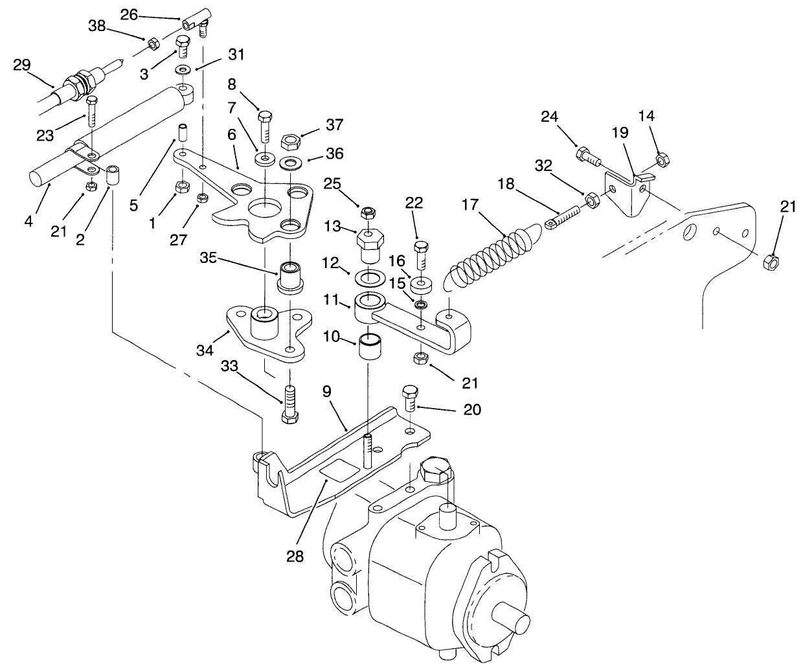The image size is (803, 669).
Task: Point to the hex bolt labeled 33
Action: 289,403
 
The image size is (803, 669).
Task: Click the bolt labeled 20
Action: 409,398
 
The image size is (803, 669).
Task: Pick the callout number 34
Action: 205,351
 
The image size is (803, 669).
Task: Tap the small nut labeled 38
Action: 154,44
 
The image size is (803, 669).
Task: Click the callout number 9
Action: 327,391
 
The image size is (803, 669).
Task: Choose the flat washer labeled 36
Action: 289,160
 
